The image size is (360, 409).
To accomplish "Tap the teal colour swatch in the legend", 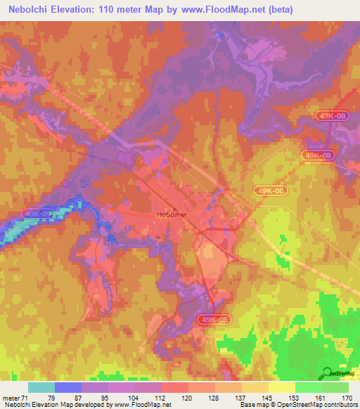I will [x=41, y=387].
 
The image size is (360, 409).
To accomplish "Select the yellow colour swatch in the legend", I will [x=282, y=387].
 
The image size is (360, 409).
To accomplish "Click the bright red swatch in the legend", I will [x=175, y=387].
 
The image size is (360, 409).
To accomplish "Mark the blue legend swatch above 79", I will [x=67, y=387].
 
